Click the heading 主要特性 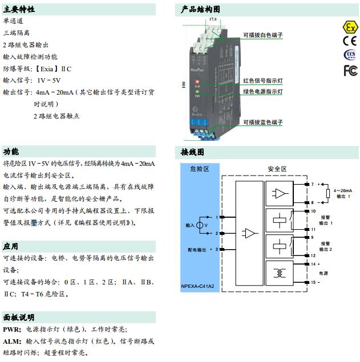pyautogui.click(x=19, y=10)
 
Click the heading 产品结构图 pyautogui.click(x=200, y=10)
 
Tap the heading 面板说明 pyautogui.click(x=19, y=318)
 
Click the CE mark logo pyautogui.click(x=350, y=41)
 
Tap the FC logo pyautogui.click(x=350, y=70)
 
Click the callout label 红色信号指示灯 pyautogui.click(x=262, y=81)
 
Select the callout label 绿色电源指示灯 pyautogui.click(x=262, y=91)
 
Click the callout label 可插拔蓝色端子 pyautogui.click(x=262, y=123)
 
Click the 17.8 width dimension pyautogui.click(x=213, y=20)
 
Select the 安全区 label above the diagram pyautogui.click(x=277, y=169)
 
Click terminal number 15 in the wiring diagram pyautogui.click(x=313, y=282)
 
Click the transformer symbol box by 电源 pyautogui.click(x=280, y=273)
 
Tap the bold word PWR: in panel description pyautogui.click(x=12, y=330)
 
